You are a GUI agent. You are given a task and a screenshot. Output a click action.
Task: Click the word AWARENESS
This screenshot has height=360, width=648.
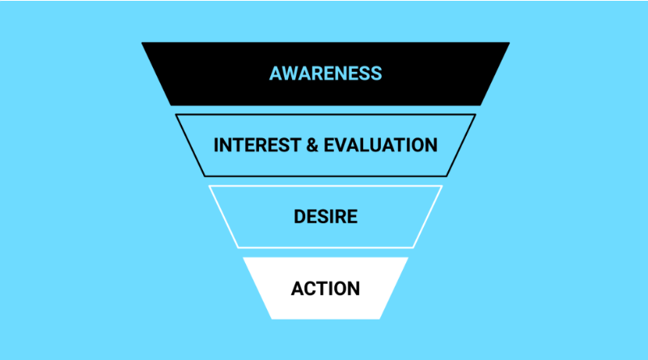click(326, 74)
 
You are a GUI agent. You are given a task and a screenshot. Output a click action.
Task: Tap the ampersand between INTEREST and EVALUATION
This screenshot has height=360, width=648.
click(312, 145)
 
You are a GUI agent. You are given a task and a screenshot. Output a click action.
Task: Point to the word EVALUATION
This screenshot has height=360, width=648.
click(380, 145)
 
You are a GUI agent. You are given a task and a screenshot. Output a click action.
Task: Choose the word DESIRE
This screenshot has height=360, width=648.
click(326, 217)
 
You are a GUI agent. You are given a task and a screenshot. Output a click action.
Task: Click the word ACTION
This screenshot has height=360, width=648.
click(326, 289)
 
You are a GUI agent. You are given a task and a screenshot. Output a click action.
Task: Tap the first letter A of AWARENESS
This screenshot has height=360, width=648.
click(276, 74)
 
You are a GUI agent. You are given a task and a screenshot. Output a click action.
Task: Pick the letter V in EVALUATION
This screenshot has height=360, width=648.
click(341, 145)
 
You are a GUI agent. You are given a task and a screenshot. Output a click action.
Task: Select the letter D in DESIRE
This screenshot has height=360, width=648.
click(299, 217)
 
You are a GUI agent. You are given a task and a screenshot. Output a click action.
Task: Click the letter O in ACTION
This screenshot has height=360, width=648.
click(340, 289)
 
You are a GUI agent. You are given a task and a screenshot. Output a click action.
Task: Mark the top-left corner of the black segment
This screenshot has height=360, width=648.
click(142, 42)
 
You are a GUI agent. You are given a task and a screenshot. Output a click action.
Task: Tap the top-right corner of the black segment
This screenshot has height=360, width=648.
click(510, 42)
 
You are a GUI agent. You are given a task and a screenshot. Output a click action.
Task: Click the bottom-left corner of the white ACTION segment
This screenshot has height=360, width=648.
click(272, 319)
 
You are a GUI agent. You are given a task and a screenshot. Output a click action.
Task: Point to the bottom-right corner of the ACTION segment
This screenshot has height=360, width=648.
click(379, 319)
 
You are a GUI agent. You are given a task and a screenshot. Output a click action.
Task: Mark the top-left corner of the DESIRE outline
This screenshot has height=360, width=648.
click(209, 186)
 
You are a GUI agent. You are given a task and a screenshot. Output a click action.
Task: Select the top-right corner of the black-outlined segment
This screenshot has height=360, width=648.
click(476, 115)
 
